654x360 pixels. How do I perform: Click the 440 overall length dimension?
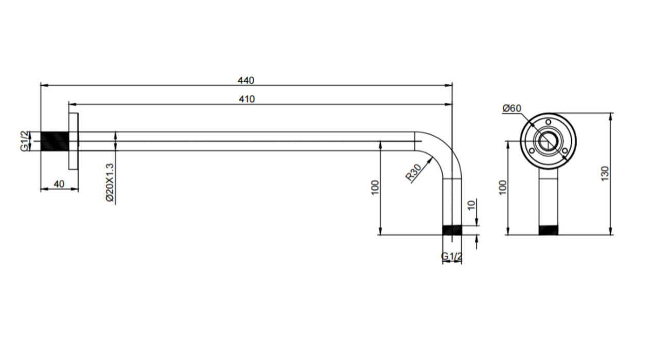245,80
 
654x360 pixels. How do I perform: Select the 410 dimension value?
246,99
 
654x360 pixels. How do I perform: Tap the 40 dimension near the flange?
59,184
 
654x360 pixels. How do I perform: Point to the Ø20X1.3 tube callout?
109,183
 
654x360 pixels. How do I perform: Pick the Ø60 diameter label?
512,108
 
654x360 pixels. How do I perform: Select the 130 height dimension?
605,173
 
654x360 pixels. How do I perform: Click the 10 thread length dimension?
470,205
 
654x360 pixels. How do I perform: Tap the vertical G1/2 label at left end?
24,141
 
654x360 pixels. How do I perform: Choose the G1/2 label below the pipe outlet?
452,256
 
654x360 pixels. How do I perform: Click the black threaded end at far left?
55,141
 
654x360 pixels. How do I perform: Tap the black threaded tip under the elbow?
452,230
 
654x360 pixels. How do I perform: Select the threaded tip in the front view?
549,230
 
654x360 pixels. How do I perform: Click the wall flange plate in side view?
73,141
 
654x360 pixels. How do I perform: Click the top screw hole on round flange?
549,122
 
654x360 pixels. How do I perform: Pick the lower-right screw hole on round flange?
564,150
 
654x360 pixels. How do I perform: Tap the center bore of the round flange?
548,140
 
